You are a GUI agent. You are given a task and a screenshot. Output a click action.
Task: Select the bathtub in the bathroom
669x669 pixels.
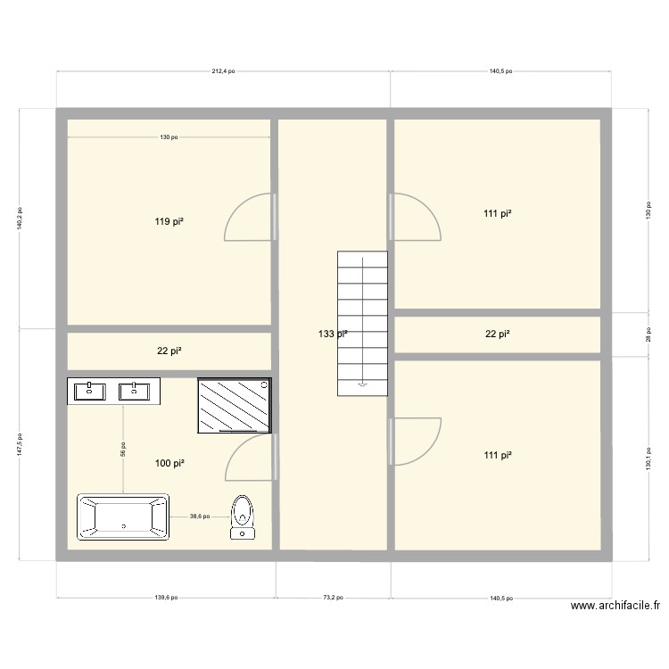coord(123,517)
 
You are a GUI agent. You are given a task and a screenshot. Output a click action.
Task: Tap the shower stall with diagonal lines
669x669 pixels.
coord(235,404)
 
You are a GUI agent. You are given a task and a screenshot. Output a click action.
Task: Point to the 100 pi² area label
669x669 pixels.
coord(169,463)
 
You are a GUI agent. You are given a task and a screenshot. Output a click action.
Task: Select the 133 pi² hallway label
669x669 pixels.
coord(333,334)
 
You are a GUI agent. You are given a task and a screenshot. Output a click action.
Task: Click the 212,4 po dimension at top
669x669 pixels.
coord(223,71)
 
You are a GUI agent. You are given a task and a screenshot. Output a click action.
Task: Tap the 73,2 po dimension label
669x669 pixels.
coord(333,599)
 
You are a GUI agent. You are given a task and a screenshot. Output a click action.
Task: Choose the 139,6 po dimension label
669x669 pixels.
coord(166,599)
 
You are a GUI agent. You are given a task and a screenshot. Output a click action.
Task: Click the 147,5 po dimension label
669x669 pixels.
coord(20,444)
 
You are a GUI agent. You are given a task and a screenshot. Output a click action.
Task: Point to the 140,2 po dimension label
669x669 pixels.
coord(20,219)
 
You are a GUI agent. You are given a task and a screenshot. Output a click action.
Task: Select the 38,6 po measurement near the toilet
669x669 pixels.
coord(200,516)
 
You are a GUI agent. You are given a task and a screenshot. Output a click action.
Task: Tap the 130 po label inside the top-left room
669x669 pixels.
coord(169,137)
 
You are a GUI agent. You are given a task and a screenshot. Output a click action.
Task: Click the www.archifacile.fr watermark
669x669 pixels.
coord(615,606)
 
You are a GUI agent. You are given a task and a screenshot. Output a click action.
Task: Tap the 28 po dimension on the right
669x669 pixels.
coord(648,334)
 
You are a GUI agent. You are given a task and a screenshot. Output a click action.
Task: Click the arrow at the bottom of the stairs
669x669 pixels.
coord(362,385)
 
